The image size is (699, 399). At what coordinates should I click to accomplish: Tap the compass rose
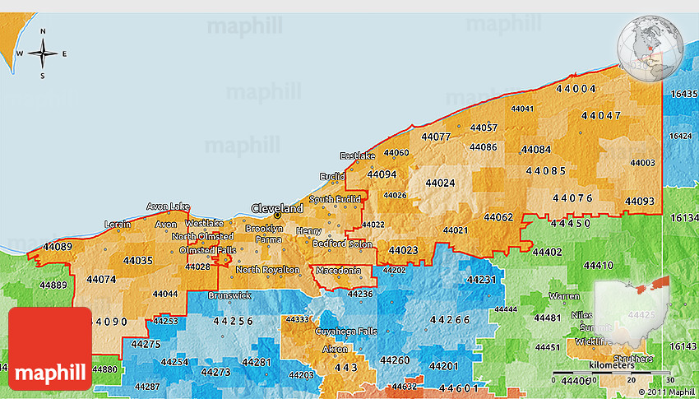tap(43, 53)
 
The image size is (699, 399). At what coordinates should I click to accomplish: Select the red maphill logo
tap(50, 348)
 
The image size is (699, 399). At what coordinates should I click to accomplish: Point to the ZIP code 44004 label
tap(576, 88)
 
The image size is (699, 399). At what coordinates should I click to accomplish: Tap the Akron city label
tap(335, 349)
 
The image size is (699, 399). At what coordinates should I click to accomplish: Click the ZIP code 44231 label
tap(481, 280)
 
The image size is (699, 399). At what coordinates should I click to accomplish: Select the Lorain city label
tap(118, 224)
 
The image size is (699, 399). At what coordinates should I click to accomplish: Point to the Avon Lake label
tap(168, 206)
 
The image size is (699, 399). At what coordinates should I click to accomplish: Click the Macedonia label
tap(338, 270)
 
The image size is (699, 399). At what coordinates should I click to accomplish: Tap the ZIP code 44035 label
tap(137, 261)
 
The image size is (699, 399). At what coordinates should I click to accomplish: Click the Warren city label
tap(564, 295)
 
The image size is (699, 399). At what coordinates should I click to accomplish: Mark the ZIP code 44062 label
tap(498, 217)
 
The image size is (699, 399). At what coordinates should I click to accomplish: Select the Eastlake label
tap(358, 155)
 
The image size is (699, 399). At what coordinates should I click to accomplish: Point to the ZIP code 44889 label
tap(53, 285)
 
